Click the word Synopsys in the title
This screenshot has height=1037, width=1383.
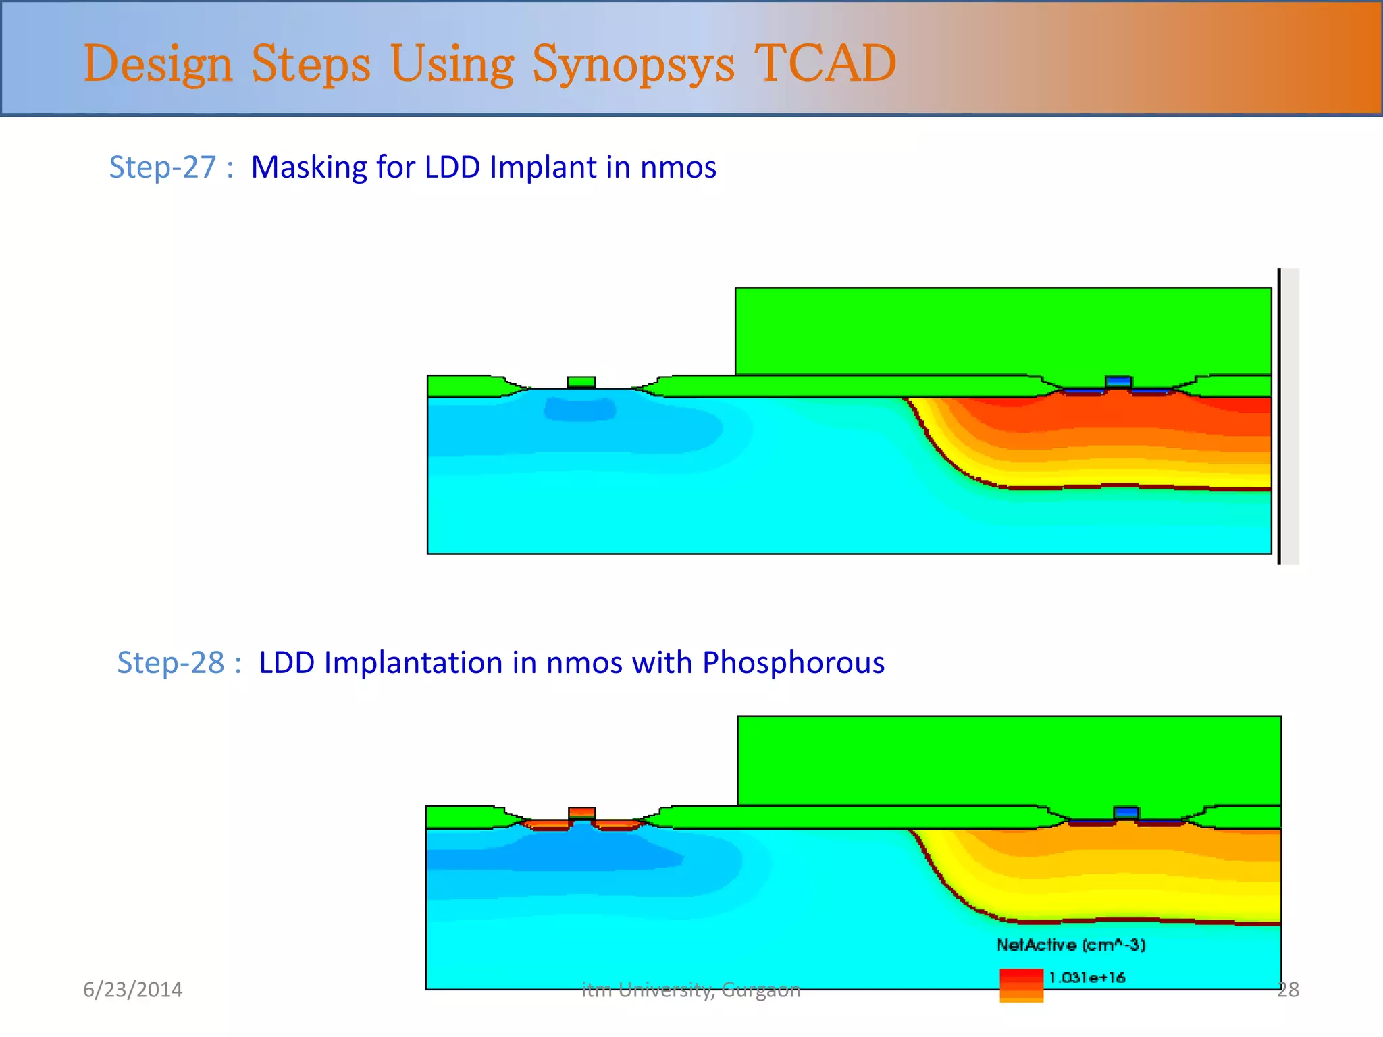633,64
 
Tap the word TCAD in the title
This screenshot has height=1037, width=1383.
825,63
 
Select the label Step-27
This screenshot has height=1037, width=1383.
163,167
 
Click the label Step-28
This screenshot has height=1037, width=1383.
170,662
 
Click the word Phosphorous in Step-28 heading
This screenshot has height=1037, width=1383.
793,662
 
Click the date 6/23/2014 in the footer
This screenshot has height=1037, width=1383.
132,990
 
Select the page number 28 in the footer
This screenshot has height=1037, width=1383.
1288,990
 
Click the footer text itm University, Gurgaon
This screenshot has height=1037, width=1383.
691,990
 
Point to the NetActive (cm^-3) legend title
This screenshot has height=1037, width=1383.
1070,945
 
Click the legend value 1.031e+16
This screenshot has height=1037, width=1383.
1087,977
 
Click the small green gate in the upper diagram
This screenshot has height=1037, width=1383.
581,382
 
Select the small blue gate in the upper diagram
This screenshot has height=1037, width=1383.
1118,381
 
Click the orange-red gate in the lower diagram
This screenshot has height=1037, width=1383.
581,812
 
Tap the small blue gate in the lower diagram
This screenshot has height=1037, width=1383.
1126,812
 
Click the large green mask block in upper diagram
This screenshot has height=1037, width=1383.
1003,331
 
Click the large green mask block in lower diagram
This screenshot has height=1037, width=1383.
1009,760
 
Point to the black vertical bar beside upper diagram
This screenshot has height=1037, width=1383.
1279,416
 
